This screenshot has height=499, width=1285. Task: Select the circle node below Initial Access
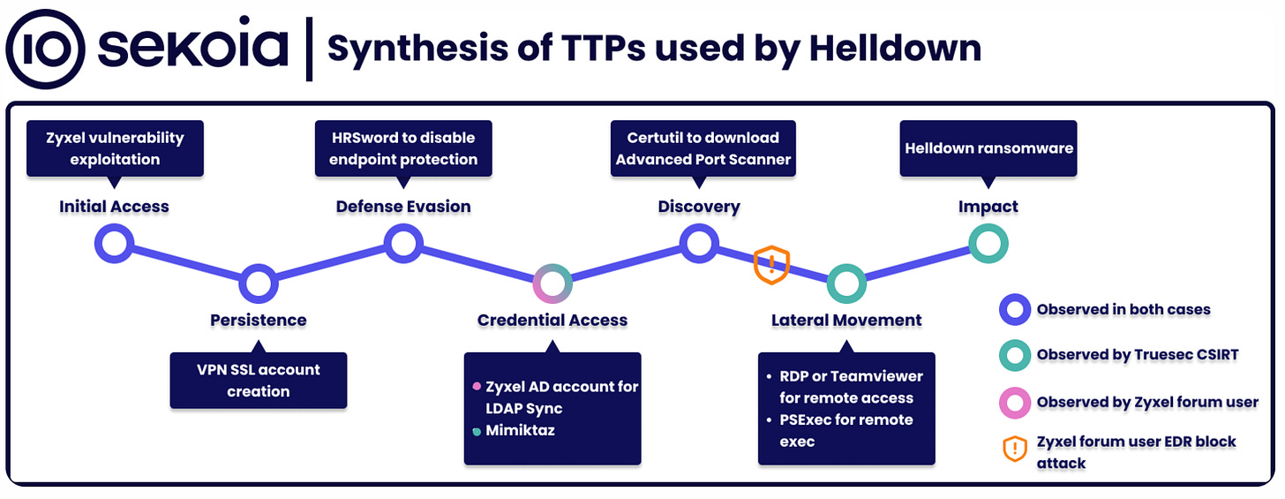(x=114, y=244)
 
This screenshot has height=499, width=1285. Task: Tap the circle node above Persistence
(x=258, y=284)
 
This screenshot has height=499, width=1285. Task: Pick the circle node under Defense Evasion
(x=402, y=244)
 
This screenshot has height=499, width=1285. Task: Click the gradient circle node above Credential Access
(x=552, y=284)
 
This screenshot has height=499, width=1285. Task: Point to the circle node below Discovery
(x=699, y=244)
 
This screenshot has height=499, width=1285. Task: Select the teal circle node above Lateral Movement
(x=845, y=284)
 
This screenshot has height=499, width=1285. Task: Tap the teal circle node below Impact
(x=988, y=244)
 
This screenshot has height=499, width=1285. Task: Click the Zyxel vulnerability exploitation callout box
(x=115, y=148)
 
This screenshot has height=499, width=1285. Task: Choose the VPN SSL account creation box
(x=259, y=380)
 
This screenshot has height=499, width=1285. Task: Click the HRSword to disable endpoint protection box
(x=403, y=148)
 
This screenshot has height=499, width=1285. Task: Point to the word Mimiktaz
(x=520, y=431)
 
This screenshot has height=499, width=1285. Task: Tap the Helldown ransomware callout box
(x=988, y=147)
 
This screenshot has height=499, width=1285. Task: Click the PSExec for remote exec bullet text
(x=846, y=429)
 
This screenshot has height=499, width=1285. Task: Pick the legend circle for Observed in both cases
(x=1015, y=310)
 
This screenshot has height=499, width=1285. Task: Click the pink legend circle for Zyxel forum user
(x=1015, y=402)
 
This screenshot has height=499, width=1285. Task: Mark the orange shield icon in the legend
(x=1015, y=450)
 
